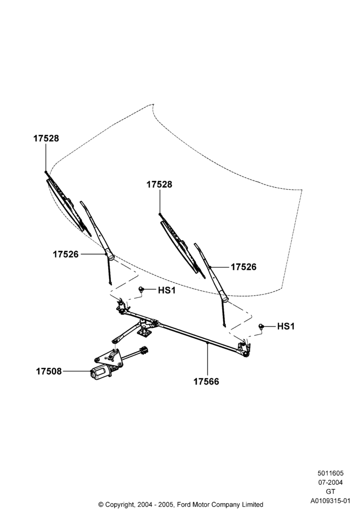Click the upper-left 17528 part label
coord(46,138)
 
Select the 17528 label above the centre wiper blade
coord(159,185)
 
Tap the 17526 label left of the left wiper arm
coord(66,254)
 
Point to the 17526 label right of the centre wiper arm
coord(244,267)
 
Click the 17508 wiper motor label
coord(49,372)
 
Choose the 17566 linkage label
coord(206,381)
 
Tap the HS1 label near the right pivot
coord(286,326)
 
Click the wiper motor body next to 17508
coord(101,373)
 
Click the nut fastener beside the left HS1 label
coord(141,289)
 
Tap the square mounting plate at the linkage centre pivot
coord(143,333)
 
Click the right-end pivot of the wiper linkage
coord(245,350)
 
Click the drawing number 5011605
coord(331,473)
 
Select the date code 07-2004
coord(331,482)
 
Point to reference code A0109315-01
coord(331,501)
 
